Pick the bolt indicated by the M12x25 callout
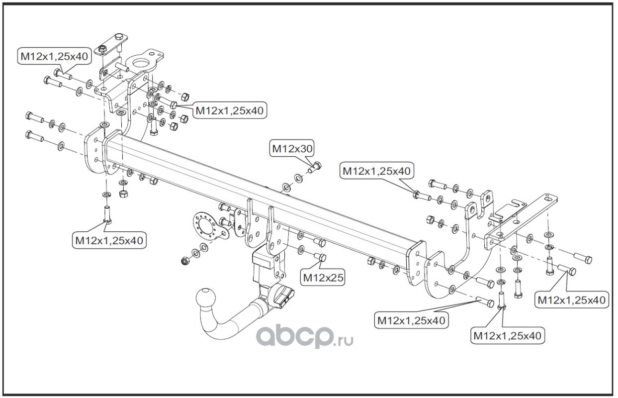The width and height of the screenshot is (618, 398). [x=320, y=257]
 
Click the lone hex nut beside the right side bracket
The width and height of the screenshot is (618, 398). [x=431, y=219]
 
